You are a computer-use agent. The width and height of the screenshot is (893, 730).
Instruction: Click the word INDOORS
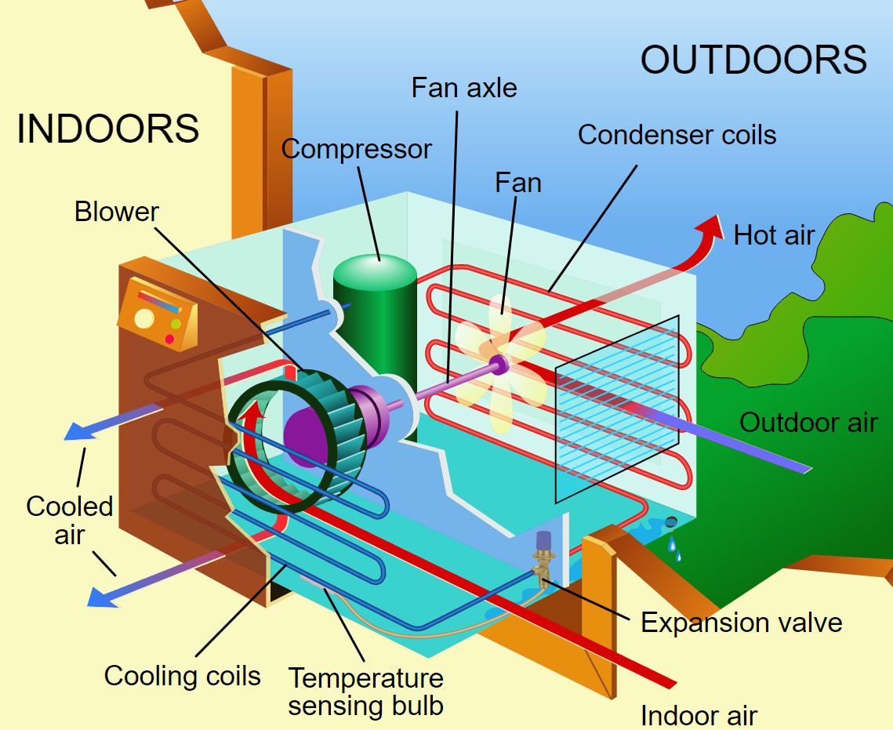pos(107,129)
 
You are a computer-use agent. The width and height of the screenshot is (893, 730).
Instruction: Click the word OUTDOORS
pos(753,60)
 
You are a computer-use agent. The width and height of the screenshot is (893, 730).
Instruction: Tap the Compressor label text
pos(357,148)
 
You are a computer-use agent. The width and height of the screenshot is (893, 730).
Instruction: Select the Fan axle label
pos(464,87)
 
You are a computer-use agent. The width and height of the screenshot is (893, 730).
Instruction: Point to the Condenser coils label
pos(677,135)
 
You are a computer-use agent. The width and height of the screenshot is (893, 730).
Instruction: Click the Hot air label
pos(774,234)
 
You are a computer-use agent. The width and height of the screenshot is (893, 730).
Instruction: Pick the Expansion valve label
pos(741,623)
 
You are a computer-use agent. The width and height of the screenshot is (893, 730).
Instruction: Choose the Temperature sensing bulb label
pos(365,691)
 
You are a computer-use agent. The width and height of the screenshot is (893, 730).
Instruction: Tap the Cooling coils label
pos(182,675)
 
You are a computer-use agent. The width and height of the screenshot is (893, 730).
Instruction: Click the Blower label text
pos(116,211)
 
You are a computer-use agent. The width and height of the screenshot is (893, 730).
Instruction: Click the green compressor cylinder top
pos(375,270)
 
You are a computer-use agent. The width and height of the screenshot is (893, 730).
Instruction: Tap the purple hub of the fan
pos(497,363)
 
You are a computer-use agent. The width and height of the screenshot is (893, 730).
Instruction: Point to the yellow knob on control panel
pos(144,318)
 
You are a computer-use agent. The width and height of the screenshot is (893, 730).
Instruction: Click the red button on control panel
pos(169,339)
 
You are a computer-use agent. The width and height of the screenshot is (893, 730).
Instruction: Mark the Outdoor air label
pos(808,423)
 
